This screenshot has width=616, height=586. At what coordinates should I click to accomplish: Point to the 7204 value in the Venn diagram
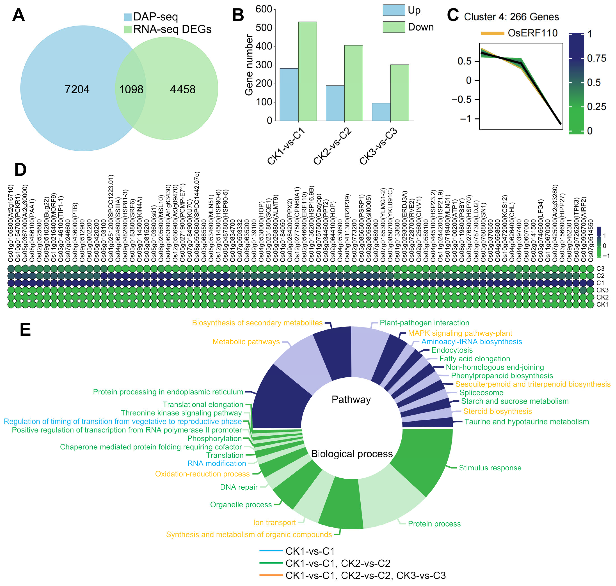click(77, 90)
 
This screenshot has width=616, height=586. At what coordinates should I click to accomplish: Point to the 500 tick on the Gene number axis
click(264, 28)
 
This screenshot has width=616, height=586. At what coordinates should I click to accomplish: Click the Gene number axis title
click(249, 65)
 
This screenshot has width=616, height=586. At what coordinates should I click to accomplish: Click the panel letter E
click(25, 330)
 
